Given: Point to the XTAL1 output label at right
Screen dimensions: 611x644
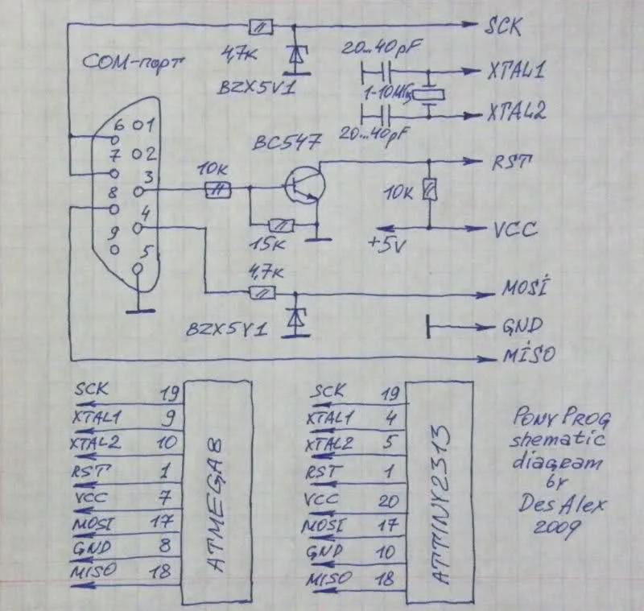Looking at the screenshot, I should pyautogui.click(x=515, y=72).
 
